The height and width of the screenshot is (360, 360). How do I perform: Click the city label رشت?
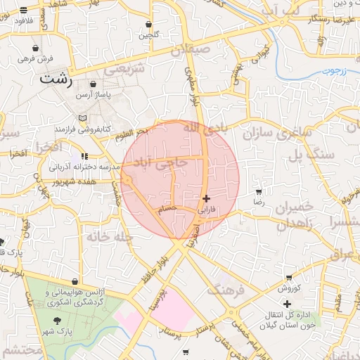point(57,78)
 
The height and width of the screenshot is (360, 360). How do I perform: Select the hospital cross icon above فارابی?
point(206,199)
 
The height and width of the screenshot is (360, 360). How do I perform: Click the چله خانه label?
point(110,237)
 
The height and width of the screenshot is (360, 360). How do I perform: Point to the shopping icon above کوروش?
point(288,277)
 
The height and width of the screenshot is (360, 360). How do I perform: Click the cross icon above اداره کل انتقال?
point(287,304)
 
